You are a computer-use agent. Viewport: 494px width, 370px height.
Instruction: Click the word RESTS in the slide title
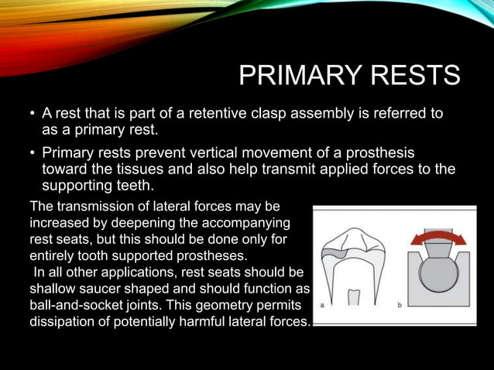point(420,76)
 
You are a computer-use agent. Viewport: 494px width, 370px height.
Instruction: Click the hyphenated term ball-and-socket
point(74,304)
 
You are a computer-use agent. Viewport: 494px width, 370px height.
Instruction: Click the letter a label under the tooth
point(321,305)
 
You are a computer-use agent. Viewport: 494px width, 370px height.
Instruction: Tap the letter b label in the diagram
point(400,305)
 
